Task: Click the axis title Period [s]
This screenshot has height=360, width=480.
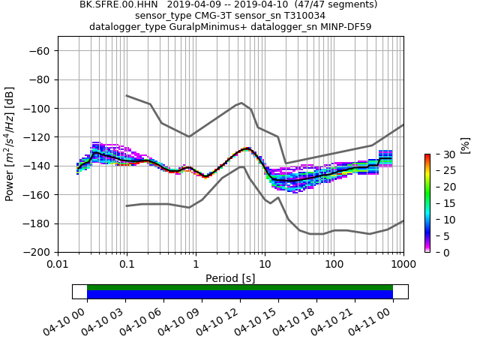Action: pos(230,278)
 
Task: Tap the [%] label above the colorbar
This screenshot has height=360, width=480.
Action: pos(464,144)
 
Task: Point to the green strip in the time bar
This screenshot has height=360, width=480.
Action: pos(240,287)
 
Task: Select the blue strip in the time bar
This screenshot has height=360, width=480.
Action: pos(240,295)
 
